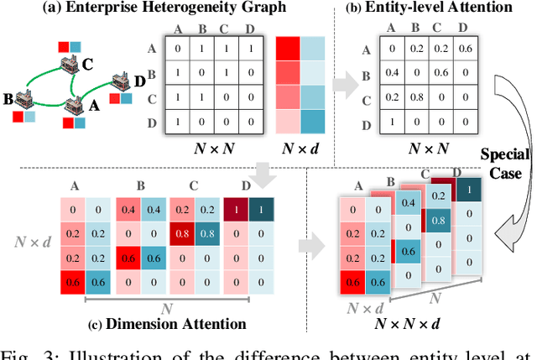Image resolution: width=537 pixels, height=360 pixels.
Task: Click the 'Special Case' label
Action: pyautogui.click(x=505, y=163)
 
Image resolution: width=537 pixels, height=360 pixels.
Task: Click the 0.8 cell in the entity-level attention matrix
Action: pyautogui.click(x=413, y=96)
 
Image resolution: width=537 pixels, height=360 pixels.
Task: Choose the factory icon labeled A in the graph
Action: pyautogui.click(x=78, y=105)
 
